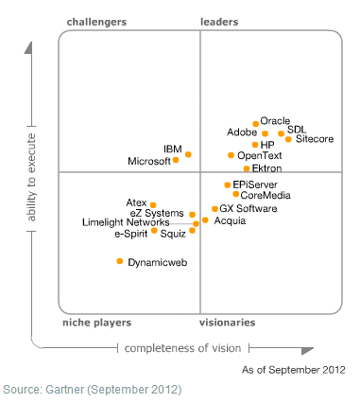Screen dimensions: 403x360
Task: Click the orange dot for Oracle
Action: click(x=256, y=121)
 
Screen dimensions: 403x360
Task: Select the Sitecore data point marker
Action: click(x=289, y=139)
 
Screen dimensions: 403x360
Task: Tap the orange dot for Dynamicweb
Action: click(x=120, y=261)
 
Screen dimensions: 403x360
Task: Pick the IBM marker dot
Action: click(x=188, y=154)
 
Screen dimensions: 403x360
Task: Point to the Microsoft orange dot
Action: click(x=177, y=161)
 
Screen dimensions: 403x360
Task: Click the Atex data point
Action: click(x=154, y=203)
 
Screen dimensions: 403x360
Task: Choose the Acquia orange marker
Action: click(x=205, y=219)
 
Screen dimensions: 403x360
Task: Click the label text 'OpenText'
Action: click(x=260, y=155)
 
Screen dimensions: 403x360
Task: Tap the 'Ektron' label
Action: click(x=267, y=168)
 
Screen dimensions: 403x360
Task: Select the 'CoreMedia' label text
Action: click(x=266, y=195)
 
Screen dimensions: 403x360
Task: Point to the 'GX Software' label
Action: click(x=249, y=208)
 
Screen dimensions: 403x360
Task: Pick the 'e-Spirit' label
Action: click(x=132, y=233)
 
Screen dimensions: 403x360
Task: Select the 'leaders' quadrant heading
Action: click(x=219, y=21)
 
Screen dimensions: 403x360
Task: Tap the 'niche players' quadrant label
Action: click(x=95, y=323)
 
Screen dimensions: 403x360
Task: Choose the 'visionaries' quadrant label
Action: click(x=227, y=323)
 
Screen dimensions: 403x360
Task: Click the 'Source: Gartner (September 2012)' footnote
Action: click(x=92, y=389)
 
